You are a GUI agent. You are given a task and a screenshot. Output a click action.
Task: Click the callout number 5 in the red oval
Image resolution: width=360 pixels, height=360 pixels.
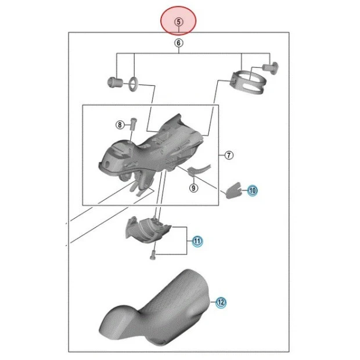(x=178, y=22)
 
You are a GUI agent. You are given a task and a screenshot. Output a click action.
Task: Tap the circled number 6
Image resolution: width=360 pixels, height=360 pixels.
(x=179, y=43)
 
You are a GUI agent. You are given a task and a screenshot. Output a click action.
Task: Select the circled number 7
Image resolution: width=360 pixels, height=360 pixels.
(x=229, y=155)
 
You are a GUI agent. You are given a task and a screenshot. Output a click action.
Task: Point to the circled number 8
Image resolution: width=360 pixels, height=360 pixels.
(x=120, y=125)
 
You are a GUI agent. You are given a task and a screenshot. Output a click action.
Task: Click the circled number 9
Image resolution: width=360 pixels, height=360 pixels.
(x=193, y=188)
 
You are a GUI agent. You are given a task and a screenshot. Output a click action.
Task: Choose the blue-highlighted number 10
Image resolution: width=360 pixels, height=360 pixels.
(x=253, y=190)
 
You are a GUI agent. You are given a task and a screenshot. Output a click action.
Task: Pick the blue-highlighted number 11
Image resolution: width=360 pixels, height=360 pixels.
(x=197, y=241)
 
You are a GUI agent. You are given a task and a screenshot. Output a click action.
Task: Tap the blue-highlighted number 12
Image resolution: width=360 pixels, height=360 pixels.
(x=221, y=302)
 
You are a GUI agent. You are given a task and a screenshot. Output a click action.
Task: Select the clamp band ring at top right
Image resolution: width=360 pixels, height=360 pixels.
(x=249, y=82)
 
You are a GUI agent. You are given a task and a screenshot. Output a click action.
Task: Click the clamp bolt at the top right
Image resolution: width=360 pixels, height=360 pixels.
(x=271, y=68)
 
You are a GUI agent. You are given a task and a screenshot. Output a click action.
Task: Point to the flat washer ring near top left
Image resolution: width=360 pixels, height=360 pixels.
(x=134, y=84)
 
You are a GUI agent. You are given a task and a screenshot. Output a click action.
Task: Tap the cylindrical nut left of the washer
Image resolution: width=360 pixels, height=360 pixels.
(x=115, y=82)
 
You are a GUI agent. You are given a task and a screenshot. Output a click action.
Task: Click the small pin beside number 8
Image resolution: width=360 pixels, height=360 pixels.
(x=133, y=124)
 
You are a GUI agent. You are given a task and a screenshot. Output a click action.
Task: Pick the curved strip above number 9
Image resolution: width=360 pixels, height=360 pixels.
(x=199, y=170)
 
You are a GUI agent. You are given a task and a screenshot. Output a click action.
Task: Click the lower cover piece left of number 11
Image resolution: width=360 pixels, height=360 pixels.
(x=148, y=229)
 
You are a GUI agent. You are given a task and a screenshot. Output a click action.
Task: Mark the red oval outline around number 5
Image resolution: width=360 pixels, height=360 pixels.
(x=178, y=21)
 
